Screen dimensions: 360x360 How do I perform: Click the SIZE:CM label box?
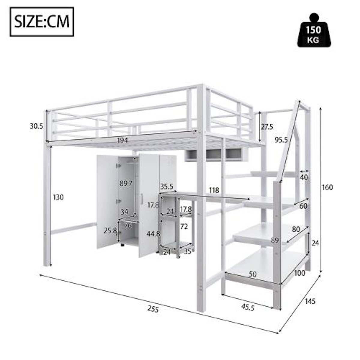[x=42, y=22]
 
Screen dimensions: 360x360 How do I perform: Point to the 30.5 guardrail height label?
[x=36, y=126]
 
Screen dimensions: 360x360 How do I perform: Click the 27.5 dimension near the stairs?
[x=267, y=127]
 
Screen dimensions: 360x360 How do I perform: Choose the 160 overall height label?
[x=327, y=187]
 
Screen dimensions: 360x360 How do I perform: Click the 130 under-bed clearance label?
[x=58, y=197]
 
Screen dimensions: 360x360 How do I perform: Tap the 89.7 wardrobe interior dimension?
[x=126, y=184]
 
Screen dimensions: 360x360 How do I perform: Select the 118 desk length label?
[x=214, y=190]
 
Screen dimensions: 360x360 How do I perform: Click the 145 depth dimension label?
[x=310, y=301]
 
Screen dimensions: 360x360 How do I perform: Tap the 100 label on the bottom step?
[x=299, y=273]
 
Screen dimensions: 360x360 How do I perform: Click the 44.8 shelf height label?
[x=152, y=233]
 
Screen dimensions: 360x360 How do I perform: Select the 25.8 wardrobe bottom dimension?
[x=110, y=231]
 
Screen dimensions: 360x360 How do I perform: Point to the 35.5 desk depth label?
[x=167, y=187]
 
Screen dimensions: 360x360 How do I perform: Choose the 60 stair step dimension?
[x=303, y=206]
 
